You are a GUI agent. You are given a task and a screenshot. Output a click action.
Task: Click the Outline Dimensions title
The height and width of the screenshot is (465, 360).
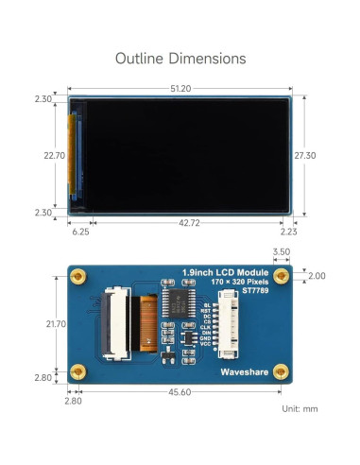click(180, 59)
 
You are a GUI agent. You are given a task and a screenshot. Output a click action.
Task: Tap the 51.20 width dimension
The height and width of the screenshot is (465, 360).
click(180, 89)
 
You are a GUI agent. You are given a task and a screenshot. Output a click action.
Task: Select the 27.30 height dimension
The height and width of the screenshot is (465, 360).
click(305, 155)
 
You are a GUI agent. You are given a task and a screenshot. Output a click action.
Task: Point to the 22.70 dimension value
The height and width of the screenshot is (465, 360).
click(55, 155)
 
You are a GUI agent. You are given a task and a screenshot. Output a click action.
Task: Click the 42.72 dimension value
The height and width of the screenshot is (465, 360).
click(189, 223)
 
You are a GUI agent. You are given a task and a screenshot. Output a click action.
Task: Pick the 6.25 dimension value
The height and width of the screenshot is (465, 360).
click(80, 232)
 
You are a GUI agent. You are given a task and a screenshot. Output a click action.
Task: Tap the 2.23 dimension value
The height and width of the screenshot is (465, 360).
click(288, 232)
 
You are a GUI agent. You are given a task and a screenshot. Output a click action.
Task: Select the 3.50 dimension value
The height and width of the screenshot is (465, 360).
click(282, 251)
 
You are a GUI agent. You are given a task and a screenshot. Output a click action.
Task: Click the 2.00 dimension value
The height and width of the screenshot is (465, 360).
click(317, 276)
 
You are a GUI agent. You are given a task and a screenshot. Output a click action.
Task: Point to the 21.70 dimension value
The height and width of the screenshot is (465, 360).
click(56, 324)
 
